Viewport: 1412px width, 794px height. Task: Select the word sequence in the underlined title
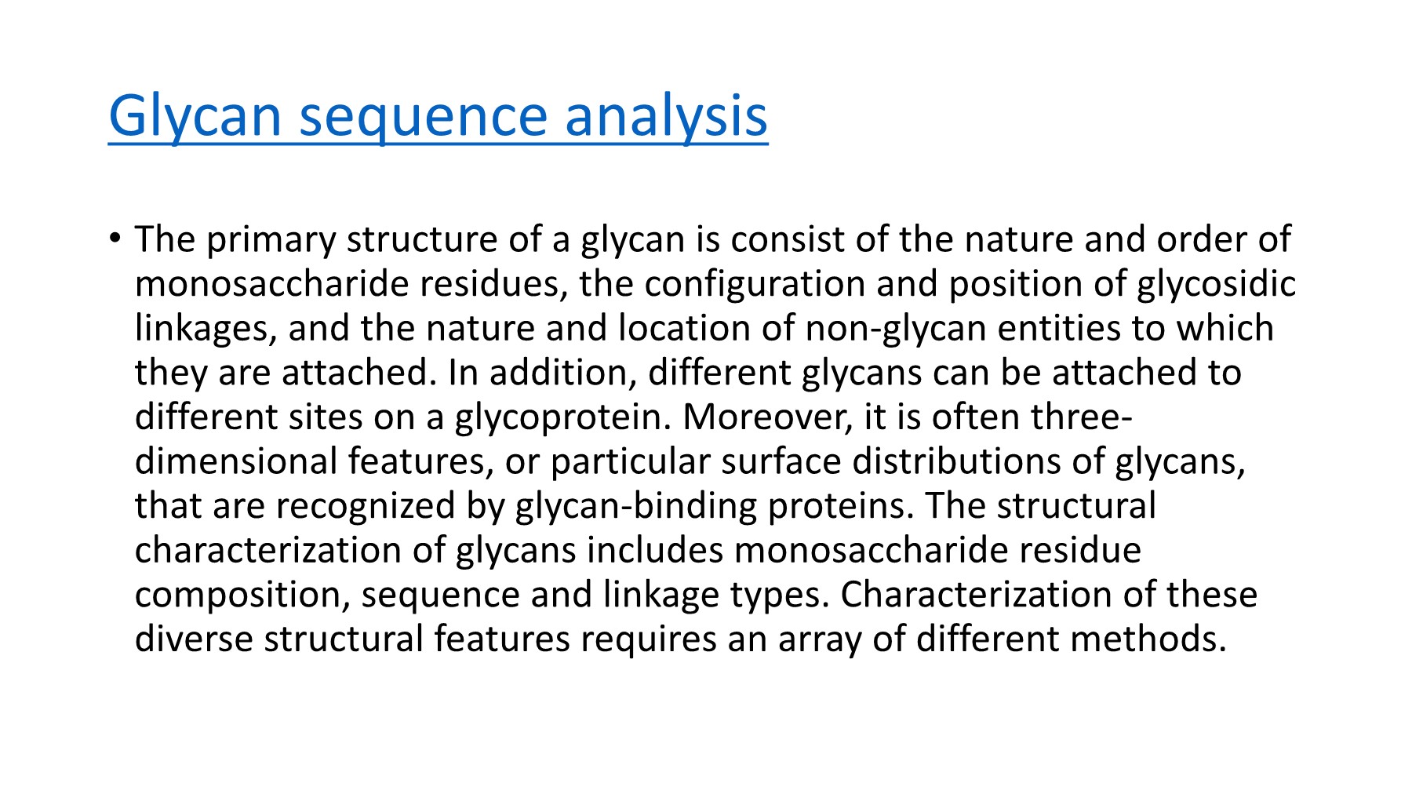pyautogui.click(x=424, y=115)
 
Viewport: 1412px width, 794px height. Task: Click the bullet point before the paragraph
pyautogui.click(x=115, y=237)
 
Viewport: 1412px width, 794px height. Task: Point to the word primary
pyautogui.click(x=271, y=239)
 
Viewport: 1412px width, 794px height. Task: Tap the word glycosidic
pyautogui.click(x=1216, y=284)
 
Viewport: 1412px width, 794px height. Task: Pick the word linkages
pyautogui.click(x=206, y=329)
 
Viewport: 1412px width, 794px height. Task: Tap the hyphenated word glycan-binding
pyautogui.click(x=636, y=506)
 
